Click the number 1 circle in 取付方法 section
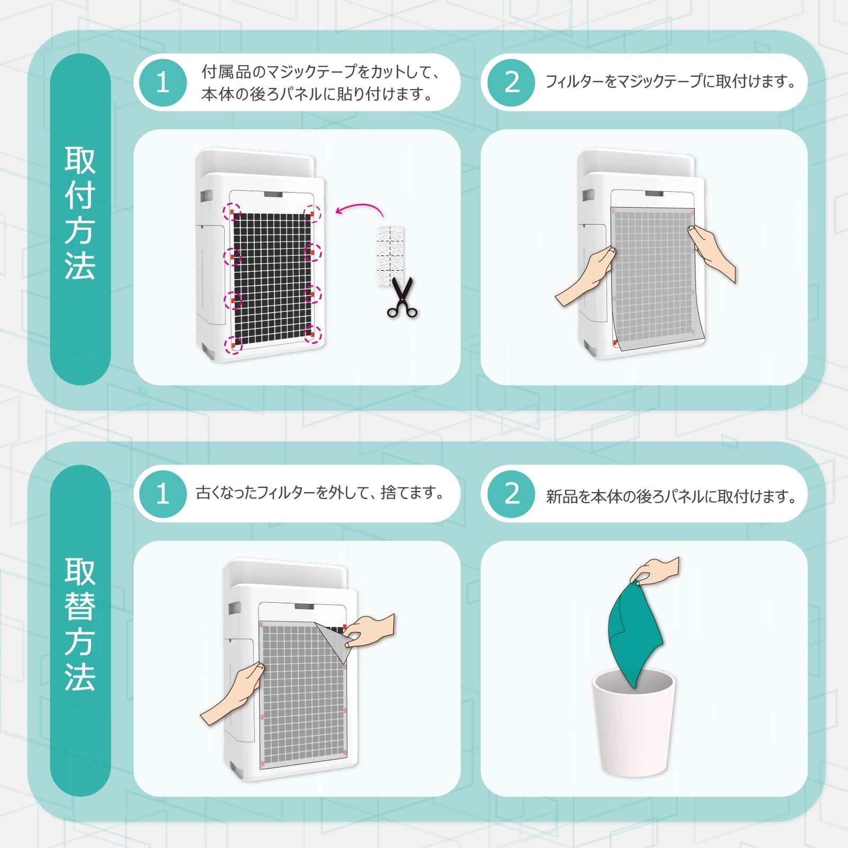coord(163,83)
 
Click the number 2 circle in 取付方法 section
coord(511,83)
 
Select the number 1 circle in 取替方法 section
coord(163,494)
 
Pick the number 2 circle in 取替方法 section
coord(511,494)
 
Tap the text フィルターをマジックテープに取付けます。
coord(672,82)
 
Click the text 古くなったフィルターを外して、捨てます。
coord(320,493)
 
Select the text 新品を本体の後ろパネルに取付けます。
coord(672,497)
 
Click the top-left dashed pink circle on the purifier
coord(231,212)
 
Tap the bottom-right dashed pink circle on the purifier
coord(313,334)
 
